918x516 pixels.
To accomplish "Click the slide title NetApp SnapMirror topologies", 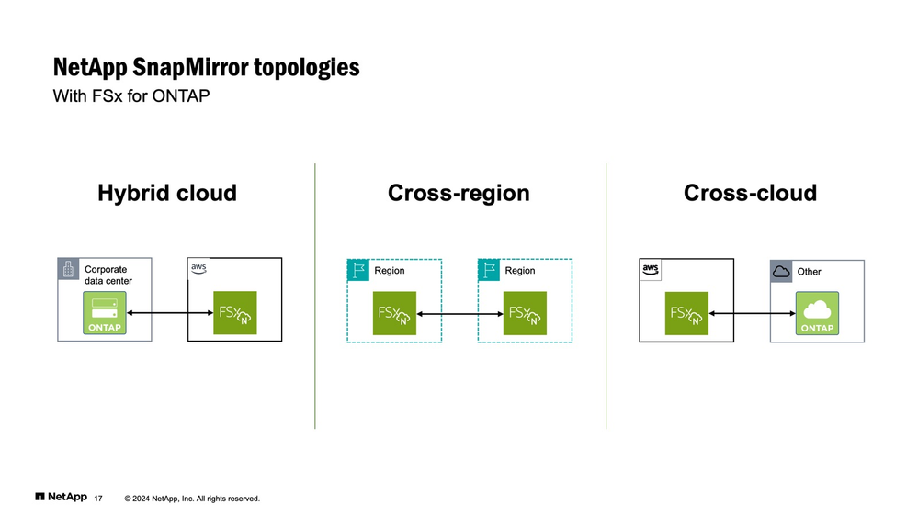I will pyautogui.click(x=206, y=68).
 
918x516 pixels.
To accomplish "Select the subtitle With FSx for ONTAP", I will pyautogui.click(x=131, y=95).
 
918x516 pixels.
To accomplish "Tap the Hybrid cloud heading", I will pyautogui.click(x=167, y=193).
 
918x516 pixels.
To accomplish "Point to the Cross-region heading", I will pyautogui.click(x=459, y=193).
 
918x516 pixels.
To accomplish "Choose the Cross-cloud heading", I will pyautogui.click(x=750, y=193).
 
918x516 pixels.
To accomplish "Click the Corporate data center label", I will pyautogui.click(x=108, y=275).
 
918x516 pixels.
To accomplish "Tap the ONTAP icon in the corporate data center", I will pyautogui.click(x=106, y=313).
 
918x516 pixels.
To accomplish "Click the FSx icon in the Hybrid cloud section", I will pyautogui.click(x=235, y=312).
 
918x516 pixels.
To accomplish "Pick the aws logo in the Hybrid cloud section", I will pyautogui.click(x=198, y=267).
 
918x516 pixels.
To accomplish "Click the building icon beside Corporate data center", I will pyautogui.click(x=68, y=268).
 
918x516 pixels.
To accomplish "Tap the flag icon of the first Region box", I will pyautogui.click(x=357, y=270).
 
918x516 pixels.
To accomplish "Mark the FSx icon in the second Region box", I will pyautogui.click(x=525, y=312).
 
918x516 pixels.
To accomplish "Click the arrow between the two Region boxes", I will pyautogui.click(x=459, y=313).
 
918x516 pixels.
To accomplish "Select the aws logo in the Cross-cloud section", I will pyautogui.click(x=651, y=269).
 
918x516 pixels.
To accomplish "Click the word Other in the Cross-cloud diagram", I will pyautogui.click(x=810, y=272).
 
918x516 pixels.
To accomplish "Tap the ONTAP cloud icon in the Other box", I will pyautogui.click(x=818, y=313).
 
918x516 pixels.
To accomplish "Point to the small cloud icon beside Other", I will pyautogui.click(x=781, y=271).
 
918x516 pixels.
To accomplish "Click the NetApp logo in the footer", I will pyautogui.click(x=61, y=497).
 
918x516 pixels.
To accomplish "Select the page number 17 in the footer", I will pyautogui.click(x=98, y=499).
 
